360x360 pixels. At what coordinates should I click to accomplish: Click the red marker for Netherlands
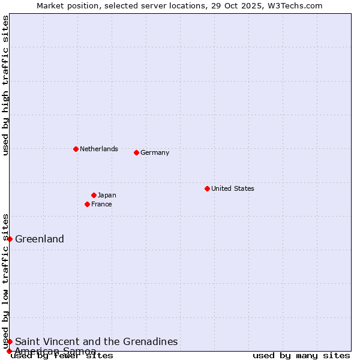click(x=76, y=149)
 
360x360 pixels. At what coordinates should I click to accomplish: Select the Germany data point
click(x=136, y=152)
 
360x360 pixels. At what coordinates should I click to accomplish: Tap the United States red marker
click(x=207, y=188)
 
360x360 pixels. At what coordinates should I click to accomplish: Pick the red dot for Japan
click(x=94, y=195)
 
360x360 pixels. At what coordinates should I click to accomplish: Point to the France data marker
click(x=87, y=204)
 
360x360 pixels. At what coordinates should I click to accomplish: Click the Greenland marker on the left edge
click(x=10, y=239)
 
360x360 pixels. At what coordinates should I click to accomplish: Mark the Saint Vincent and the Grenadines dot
click(x=10, y=341)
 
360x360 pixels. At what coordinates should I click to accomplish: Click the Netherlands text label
click(x=98, y=149)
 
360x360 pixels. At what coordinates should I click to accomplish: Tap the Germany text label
click(x=155, y=152)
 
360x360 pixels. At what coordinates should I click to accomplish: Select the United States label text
click(x=232, y=188)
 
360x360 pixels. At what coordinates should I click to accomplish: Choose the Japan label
click(x=107, y=195)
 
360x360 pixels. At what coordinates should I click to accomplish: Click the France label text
click(x=101, y=204)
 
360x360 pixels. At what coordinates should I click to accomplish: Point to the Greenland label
click(x=40, y=239)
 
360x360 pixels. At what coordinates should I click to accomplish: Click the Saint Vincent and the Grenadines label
click(x=96, y=341)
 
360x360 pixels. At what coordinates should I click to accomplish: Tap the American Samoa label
click(x=55, y=350)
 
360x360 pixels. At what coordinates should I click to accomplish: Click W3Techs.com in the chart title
click(x=295, y=5)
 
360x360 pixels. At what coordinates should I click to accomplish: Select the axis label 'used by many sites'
click(x=301, y=355)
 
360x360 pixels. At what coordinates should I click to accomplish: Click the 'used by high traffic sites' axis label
click(x=5, y=85)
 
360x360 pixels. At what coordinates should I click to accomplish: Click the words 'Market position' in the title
click(x=64, y=5)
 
